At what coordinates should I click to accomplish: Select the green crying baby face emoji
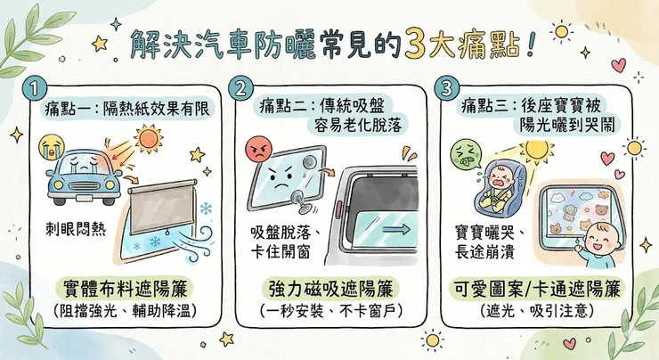463,151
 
